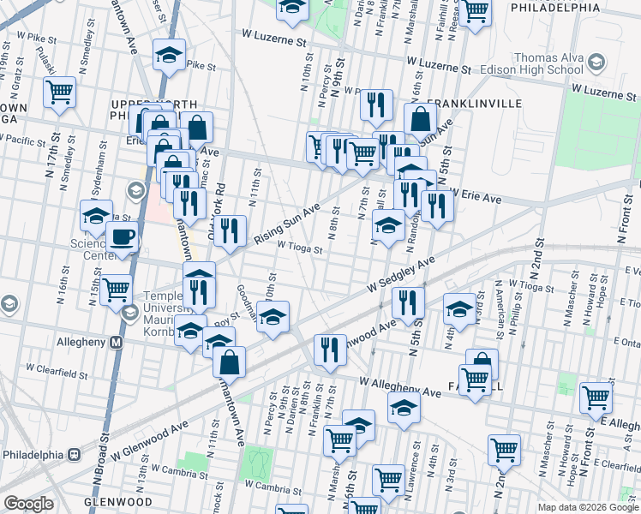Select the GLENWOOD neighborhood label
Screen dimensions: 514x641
(x=118, y=501)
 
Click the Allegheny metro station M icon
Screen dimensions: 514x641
(x=117, y=342)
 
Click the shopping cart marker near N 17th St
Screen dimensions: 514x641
(x=59, y=91)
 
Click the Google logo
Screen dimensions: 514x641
(x=28, y=504)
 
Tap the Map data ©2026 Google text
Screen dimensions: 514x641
(x=587, y=507)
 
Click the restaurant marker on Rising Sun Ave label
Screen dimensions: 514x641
(x=230, y=230)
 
